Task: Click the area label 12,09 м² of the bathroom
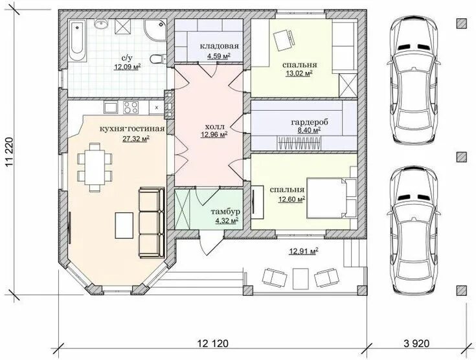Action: point(128,67)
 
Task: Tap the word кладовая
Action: point(219,46)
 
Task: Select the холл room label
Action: point(215,126)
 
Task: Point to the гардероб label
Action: point(310,122)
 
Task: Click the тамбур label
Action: point(225,212)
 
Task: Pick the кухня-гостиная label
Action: point(132,129)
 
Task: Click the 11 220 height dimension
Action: point(10,153)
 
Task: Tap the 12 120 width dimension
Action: point(213,344)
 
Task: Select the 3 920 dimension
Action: point(416,344)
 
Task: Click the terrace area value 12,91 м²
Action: point(304,251)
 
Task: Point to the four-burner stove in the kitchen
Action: point(131,107)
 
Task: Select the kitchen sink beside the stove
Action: point(111,107)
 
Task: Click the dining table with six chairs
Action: point(95,167)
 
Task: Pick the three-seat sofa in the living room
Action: point(151,222)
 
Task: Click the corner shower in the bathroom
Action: point(155,30)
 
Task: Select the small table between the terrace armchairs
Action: point(300,278)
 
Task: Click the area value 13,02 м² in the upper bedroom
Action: point(299,73)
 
